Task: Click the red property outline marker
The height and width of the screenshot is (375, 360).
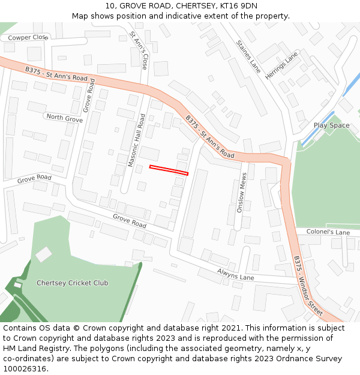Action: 169,170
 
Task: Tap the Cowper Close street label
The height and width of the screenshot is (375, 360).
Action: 28,37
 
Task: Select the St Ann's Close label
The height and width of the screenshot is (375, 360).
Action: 139,50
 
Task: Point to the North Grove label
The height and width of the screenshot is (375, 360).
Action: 64,118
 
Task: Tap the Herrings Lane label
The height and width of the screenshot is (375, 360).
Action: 281,66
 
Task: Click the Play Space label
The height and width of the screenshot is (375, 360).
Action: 331,125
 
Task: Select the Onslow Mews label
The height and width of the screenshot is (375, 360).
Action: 241,197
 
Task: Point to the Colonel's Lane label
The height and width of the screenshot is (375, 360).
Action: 328,232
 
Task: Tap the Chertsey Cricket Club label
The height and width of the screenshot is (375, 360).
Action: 72,283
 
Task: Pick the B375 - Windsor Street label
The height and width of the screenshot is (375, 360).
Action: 308,286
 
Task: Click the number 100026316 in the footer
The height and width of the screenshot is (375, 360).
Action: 25,368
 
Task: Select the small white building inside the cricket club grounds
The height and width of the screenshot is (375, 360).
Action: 43,254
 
